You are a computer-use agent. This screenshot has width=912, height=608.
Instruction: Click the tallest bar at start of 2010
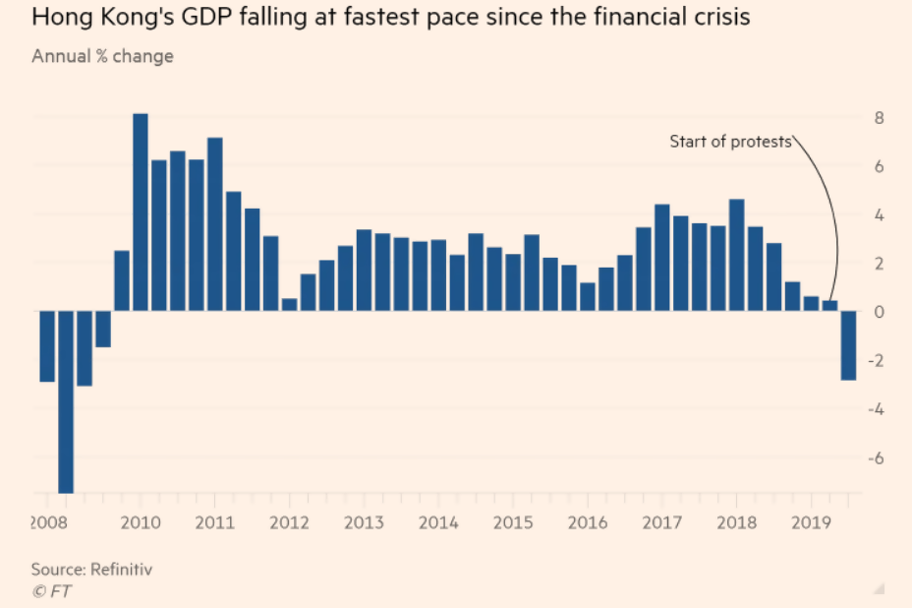pyautogui.click(x=141, y=213)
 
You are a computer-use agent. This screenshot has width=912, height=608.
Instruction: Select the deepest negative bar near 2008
pyautogui.click(x=66, y=401)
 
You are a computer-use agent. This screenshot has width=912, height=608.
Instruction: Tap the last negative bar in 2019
pyautogui.click(x=848, y=345)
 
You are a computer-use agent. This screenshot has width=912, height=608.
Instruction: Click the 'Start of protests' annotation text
pyautogui.click(x=730, y=142)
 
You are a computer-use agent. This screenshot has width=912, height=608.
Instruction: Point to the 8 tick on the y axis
pyautogui.click(x=880, y=118)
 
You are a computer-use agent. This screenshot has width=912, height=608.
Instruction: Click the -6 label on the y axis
pyautogui.click(x=877, y=458)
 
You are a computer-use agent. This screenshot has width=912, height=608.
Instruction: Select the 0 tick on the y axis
pyautogui.click(x=880, y=312)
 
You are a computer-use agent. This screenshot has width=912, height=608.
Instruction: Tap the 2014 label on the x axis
pyautogui.click(x=438, y=521)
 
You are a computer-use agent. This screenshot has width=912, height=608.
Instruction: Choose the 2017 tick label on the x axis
pyautogui.click(x=662, y=521)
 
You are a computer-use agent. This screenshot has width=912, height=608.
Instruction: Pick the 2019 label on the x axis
pyautogui.click(x=812, y=521)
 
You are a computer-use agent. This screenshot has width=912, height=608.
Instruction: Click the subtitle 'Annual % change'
pyautogui.click(x=102, y=56)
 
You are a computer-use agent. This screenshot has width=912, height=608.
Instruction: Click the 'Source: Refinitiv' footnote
pyautogui.click(x=91, y=569)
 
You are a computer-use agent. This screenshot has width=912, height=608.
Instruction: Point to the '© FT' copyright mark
pyautogui.click(x=51, y=590)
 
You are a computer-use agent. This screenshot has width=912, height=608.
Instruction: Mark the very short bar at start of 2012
pyautogui.click(x=289, y=305)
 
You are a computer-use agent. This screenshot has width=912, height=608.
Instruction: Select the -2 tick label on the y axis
pyautogui.click(x=877, y=361)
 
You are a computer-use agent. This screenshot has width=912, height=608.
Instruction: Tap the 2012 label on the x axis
pyautogui.click(x=289, y=521)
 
